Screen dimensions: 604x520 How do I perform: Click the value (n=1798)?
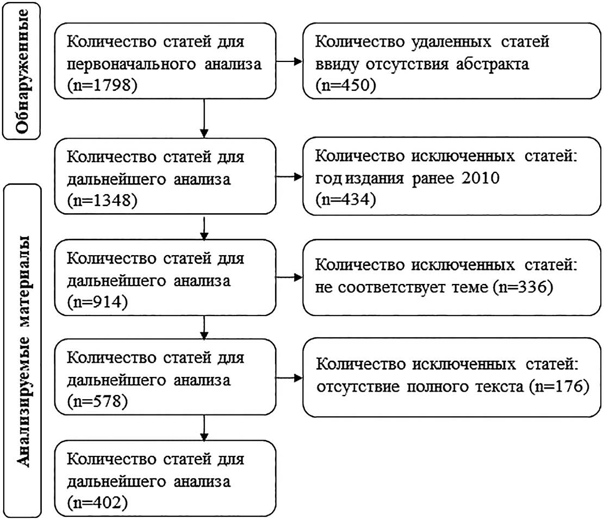[x=102, y=85]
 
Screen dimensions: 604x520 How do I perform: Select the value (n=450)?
[x=346, y=85]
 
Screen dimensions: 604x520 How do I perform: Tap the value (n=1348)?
[x=102, y=201]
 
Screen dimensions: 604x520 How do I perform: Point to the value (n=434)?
[x=346, y=200]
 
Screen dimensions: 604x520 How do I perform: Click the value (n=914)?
[x=97, y=302]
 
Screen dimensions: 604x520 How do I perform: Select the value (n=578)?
[x=97, y=401]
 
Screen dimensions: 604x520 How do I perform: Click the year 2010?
[x=481, y=178]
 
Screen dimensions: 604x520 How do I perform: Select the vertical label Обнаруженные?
[x=23, y=71]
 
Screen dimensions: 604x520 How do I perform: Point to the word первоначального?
[x=132, y=64]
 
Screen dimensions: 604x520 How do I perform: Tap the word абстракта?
[x=493, y=64]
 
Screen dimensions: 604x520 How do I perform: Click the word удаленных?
[x=451, y=42]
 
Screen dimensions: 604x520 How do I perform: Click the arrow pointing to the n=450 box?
[x=289, y=61]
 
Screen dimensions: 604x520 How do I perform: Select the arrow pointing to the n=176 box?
[x=289, y=378]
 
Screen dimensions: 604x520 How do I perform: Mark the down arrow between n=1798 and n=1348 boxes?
[x=204, y=119]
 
